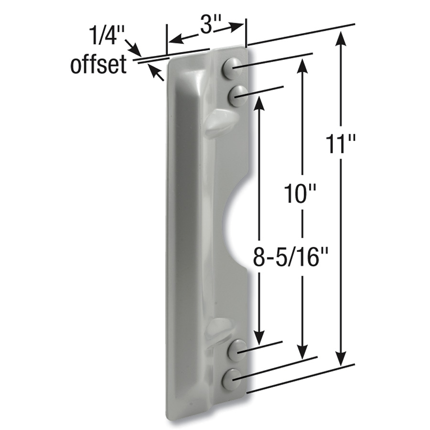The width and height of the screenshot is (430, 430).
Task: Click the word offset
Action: [98, 65]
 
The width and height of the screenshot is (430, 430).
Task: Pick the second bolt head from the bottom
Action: [237, 350]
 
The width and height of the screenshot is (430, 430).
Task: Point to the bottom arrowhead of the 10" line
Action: [301, 354]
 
